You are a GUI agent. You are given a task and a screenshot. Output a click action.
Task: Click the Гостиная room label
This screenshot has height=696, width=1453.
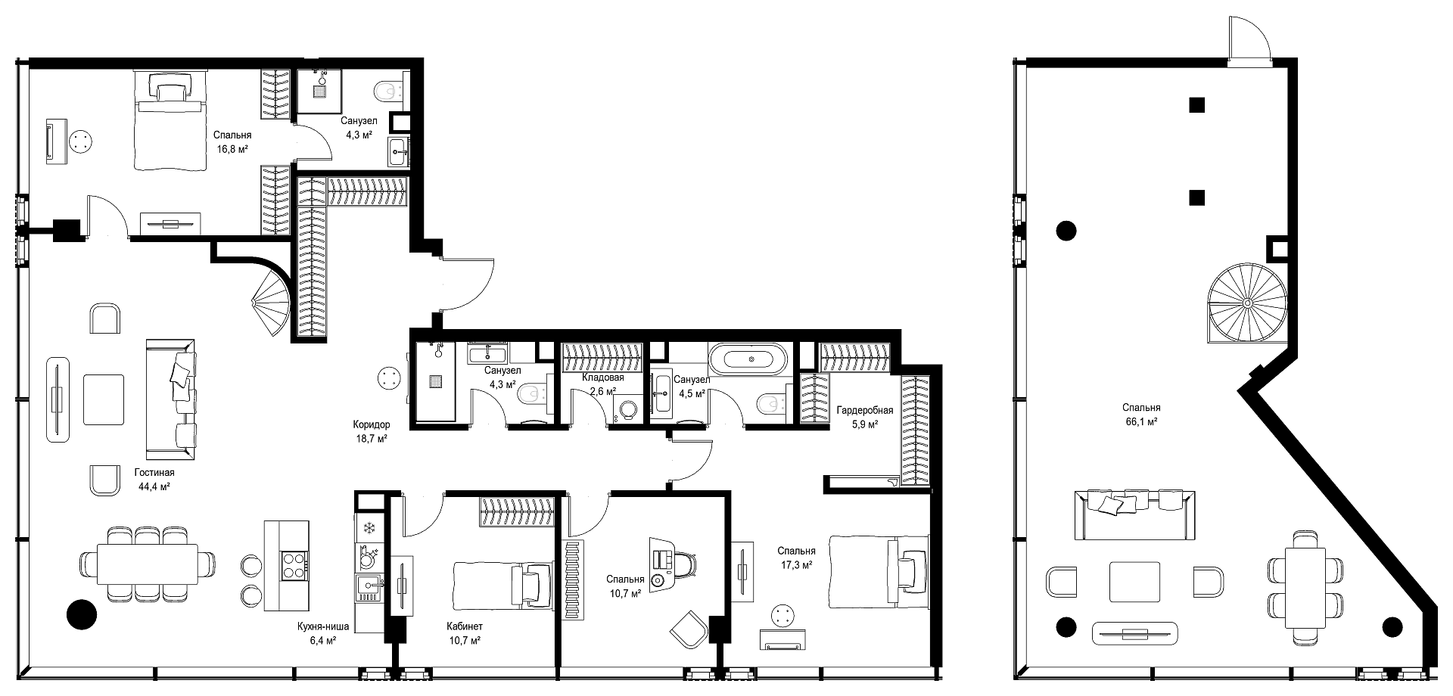[x=155, y=473]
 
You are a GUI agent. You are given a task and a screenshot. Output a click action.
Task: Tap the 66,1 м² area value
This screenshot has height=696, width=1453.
[x=1142, y=422]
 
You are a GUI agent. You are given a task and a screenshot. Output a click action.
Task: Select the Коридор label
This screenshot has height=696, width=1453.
[x=372, y=424]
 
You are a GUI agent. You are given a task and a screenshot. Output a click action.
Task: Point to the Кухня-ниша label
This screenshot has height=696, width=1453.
[x=323, y=626]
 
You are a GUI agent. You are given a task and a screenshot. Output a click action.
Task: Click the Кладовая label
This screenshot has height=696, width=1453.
[x=603, y=378]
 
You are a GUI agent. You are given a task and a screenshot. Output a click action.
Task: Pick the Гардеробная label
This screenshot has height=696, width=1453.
[x=865, y=411]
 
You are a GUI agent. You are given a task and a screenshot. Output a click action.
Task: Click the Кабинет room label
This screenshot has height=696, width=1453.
[x=465, y=626]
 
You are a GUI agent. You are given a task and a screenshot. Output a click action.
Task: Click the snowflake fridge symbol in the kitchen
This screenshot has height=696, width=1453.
[x=370, y=528]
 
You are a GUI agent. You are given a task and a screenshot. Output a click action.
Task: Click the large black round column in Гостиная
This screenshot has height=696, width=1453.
[x=81, y=614]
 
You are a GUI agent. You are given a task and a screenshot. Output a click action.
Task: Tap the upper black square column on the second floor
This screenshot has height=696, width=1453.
[x=1196, y=105]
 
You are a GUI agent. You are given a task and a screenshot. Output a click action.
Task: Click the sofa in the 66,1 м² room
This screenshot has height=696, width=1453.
[x=1135, y=514]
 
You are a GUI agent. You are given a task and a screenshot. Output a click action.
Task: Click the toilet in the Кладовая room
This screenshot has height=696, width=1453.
[x=627, y=410]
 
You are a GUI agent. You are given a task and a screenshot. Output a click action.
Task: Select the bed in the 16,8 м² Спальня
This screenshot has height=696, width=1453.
[x=170, y=121]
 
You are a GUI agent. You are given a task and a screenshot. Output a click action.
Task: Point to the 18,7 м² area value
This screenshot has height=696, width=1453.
[x=372, y=438]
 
